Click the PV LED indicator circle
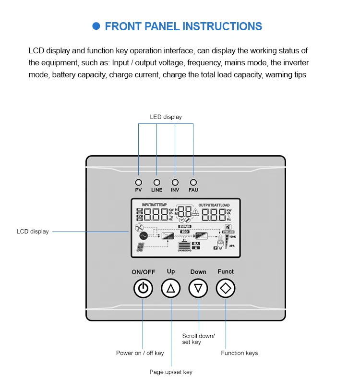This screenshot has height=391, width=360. click(138, 183)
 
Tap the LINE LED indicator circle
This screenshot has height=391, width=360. click(156, 183)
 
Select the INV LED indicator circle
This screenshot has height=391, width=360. click(175, 183)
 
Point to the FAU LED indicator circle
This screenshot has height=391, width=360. click(193, 183)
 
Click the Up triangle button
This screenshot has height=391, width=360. click(171, 289)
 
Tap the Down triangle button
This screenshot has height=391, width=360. click(198, 289)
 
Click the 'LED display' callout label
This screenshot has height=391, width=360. click(166, 117)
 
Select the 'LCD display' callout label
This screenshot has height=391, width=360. click(33, 232)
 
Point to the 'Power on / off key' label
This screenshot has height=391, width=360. click(140, 353)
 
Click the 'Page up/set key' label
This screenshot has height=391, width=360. click(171, 372)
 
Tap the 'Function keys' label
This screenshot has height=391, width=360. click(239, 353)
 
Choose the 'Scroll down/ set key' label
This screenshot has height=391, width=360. click(198, 339)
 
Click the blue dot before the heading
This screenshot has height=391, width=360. click(96, 26)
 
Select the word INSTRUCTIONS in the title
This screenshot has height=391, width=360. click(222, 26)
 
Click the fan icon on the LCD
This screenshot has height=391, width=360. click(140, 228)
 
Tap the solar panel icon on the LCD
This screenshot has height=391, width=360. click(141, 247)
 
